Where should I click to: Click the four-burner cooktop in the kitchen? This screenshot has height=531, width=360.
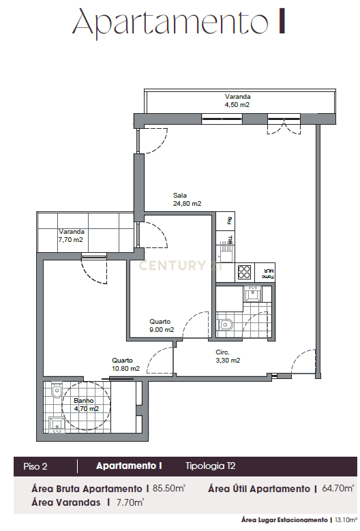[x=245, y=272]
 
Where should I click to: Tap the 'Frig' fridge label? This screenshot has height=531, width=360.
[x=230, y=221]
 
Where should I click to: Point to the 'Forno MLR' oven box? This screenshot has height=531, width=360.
[x=267, y=273]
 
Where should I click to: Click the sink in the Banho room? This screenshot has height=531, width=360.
[x=55, y=424]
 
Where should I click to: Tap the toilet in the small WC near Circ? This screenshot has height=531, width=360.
[x=226, y=325]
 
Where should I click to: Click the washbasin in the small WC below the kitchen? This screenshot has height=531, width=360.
[x=252, y=294]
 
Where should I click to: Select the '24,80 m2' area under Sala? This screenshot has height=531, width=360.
[x=187, y=203]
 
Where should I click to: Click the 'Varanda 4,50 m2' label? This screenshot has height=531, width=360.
[x=237, y=101]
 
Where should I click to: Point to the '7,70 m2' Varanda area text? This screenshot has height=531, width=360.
[x=70, y=240]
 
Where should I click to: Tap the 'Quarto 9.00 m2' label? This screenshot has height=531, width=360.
[x=160, y=325]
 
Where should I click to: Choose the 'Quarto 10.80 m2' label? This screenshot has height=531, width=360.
[x=125, y=364]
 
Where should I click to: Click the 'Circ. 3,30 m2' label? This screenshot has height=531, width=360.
[x=228, y=356]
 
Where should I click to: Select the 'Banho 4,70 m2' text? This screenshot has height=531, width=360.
[x=86, y=405]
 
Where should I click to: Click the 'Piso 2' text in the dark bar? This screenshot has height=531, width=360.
[x=35, y=466]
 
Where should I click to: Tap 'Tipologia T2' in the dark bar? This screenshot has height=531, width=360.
[x=210, y=466]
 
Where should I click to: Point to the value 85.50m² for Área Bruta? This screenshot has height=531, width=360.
[x=168, y=489]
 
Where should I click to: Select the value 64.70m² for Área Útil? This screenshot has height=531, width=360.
[x=337, y=489]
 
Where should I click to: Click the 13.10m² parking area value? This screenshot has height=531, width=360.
[x=345, y=520]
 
